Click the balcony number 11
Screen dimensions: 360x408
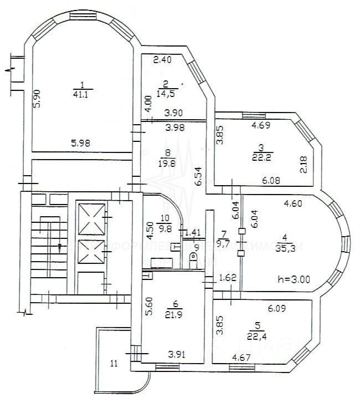[114, 364]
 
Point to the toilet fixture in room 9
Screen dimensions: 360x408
[192, 259]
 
